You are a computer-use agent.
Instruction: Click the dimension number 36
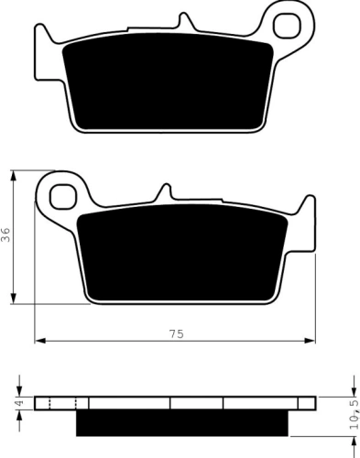[6, 234]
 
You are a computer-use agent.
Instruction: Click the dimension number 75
[177, 333]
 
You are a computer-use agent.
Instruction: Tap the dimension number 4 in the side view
[19, 403]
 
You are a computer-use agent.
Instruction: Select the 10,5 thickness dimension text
[355, 415]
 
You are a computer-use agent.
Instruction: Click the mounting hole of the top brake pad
[287, 25]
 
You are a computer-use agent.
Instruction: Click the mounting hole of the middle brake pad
[63, 196]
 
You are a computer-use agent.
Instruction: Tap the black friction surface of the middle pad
[182, 253]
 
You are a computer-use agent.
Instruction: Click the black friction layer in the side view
[182, 422]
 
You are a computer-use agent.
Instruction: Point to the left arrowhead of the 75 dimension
[40, 341]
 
